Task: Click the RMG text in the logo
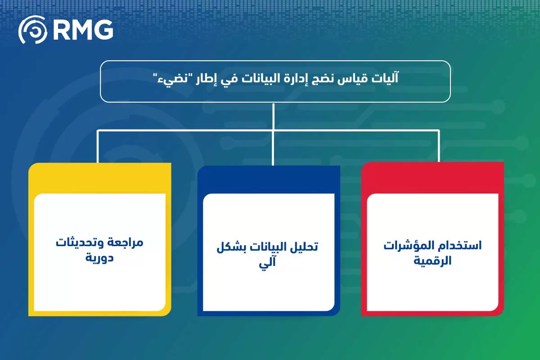[83, 30]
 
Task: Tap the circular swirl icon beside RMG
[32, 30]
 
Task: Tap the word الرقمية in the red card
[432, 261]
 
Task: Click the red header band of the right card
[432, 178]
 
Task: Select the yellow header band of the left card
[99, 178]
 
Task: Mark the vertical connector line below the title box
[274, 116]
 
